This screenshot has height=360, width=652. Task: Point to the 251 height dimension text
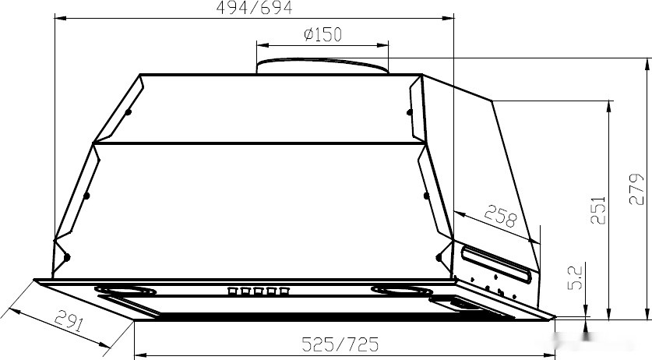[597, 210]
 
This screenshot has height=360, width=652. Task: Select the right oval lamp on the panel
[401, 291]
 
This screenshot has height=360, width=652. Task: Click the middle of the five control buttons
[260, 291]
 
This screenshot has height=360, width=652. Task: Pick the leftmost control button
[232, 291]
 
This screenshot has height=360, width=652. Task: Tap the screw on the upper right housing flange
[409, 112]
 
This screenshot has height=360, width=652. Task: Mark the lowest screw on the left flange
[68, 257]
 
